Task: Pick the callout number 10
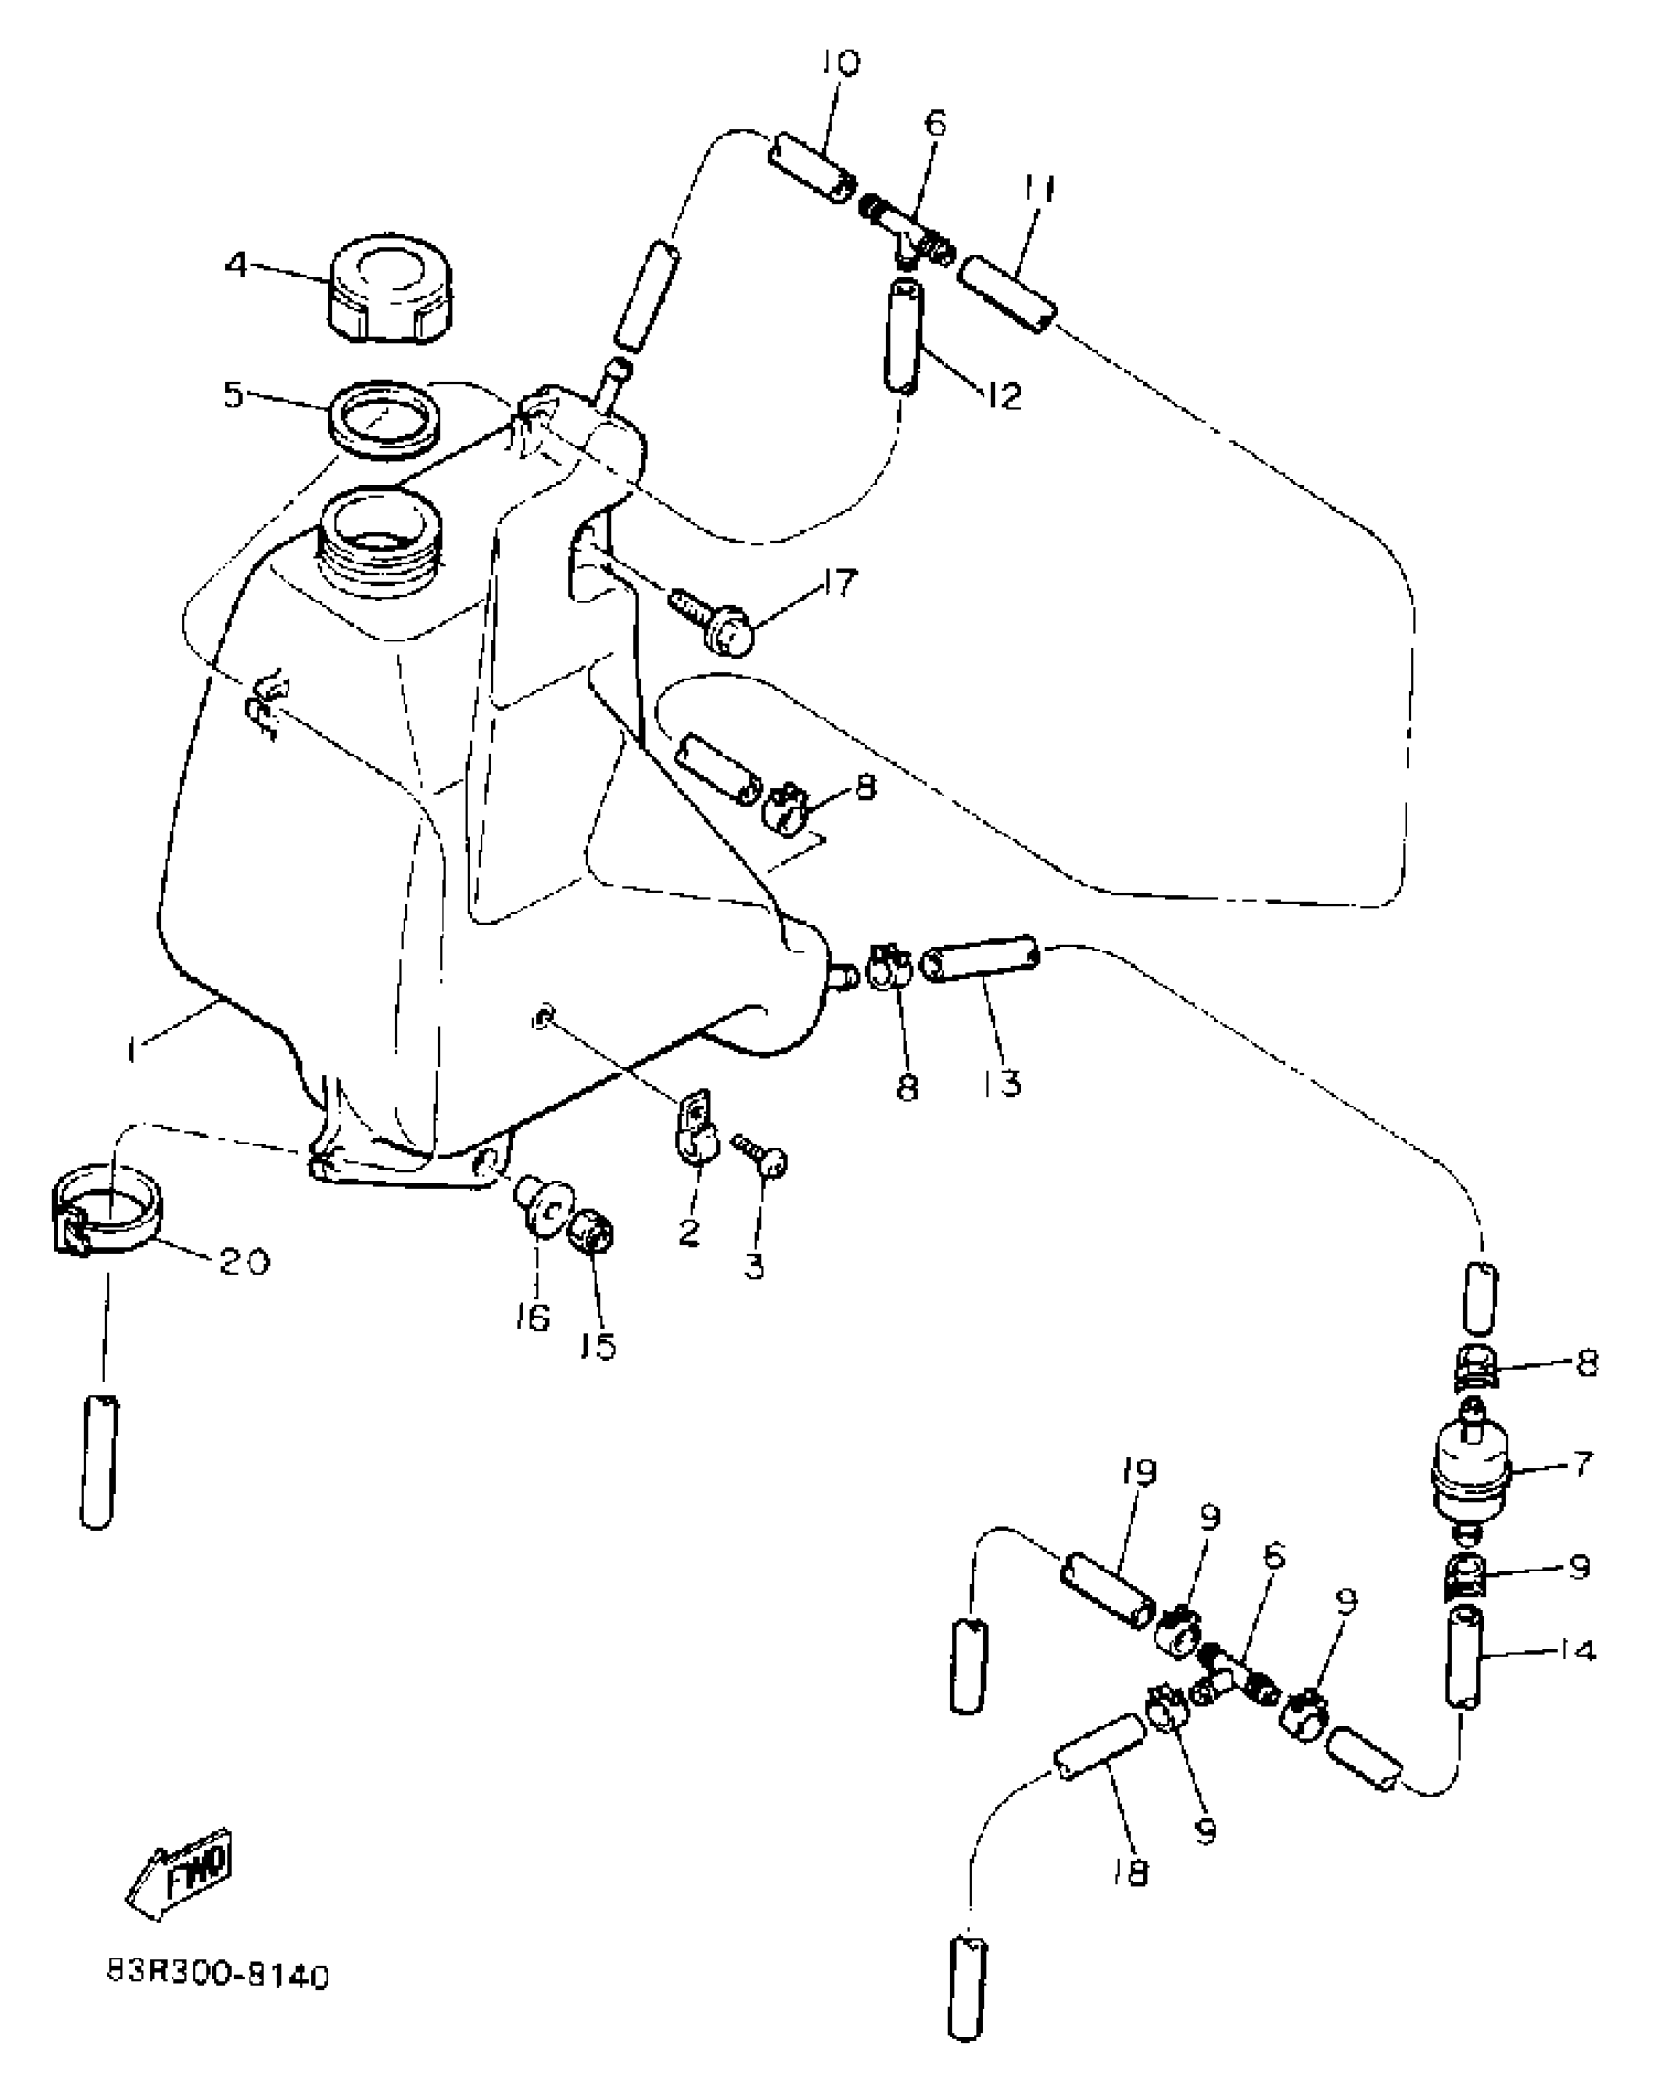point(838,63)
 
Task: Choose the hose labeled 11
point(1007,294)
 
